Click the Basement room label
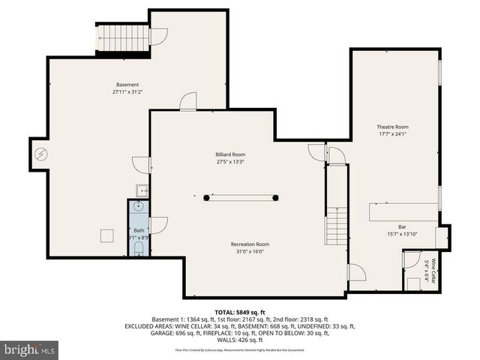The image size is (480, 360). pos(127,85)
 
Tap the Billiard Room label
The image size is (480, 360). pos(230,154)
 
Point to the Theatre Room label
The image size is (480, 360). pos(392,127)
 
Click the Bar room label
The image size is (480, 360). pos(402,226)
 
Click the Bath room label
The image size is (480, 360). pos(139,230)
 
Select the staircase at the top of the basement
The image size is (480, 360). pos(121,38)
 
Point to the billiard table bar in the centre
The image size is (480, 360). pos(241,197)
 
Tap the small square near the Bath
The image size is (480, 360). pos(106,235)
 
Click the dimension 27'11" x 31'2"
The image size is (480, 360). pos(127,92)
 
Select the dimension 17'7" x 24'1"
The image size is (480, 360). pos(392,135)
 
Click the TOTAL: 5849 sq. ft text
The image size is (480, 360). pos(240,312)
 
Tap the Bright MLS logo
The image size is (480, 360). pos(30,349)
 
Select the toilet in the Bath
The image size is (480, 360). pos(139,248)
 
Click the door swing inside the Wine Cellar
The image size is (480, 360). pos(411,261)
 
